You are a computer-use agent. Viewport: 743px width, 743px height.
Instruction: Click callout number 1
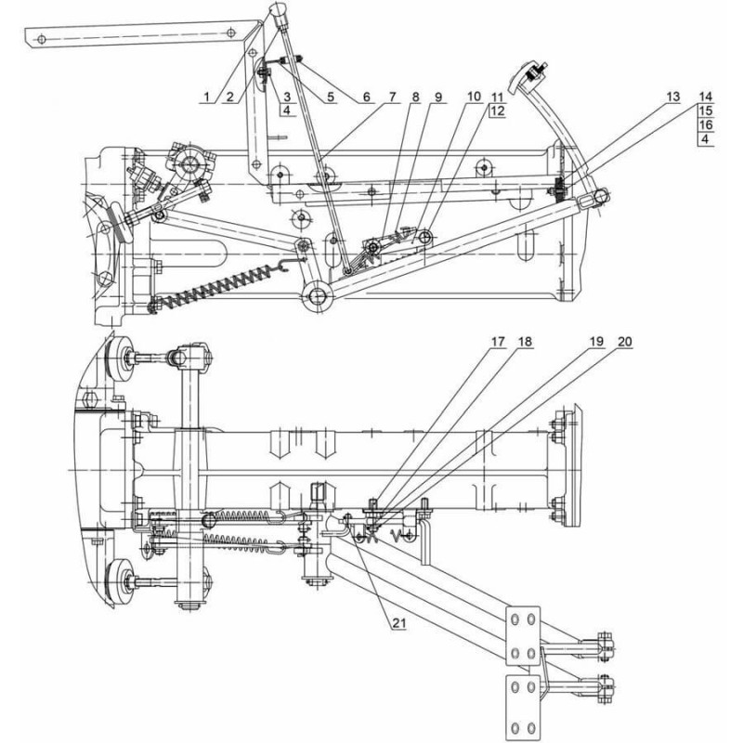coord(207,98)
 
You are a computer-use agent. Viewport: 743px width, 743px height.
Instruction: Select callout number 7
coord(392,98)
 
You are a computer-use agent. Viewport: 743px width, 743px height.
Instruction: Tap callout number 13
coord(672,98)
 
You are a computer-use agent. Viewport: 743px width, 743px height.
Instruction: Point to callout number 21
coord(399,622)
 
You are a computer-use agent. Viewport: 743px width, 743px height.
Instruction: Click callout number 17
coord(498,342)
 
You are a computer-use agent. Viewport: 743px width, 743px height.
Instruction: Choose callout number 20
coord(625,342)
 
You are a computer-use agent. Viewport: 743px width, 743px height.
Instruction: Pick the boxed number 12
coord(498,111)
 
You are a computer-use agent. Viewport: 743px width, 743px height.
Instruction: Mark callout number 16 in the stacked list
coord(706,125)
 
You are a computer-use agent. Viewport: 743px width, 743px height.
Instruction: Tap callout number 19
coord(596,342)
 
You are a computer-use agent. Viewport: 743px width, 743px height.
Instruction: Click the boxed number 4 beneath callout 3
coord(287,111)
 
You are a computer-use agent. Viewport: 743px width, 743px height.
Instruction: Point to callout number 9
coord(438,98)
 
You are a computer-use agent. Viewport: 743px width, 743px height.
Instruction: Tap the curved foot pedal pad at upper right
coord(524,77)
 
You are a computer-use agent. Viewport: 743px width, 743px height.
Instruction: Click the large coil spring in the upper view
coord(219,284)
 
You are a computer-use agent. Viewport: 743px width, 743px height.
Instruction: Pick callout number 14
coord(706,98)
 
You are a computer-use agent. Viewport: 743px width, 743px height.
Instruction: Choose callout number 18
coord(525,342)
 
